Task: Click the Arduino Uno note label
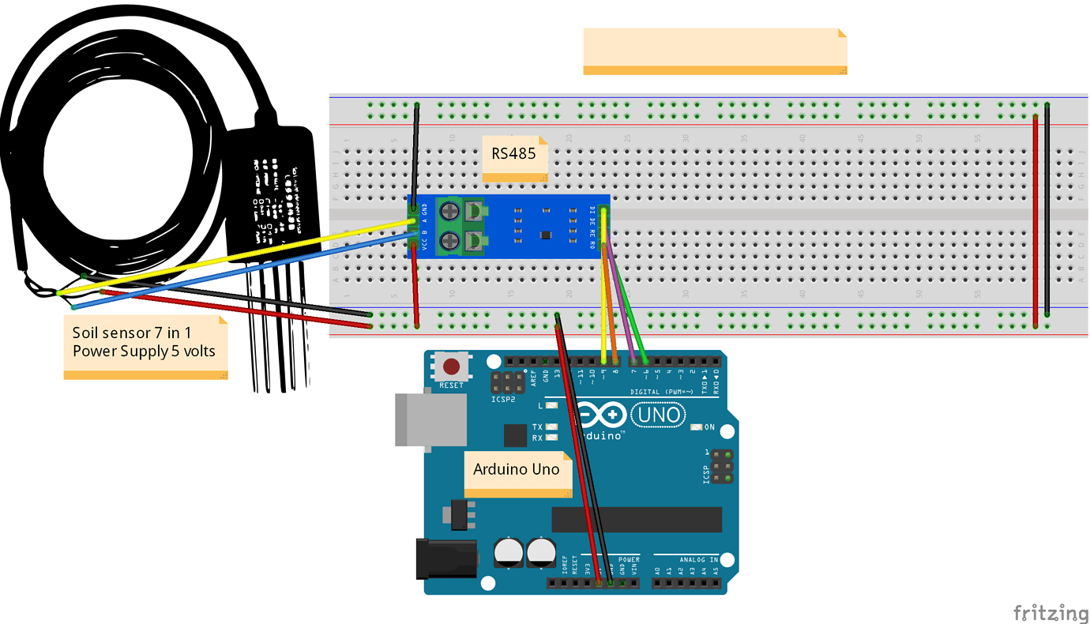pyautogui.click(x=517, y=471)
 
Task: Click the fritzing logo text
pyautogui.click(x=1050, y=612)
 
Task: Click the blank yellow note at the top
pyautogui.click(x=714, y=51)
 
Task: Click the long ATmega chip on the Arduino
pyautogui.click(x=636, y=519)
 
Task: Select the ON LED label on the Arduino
pyautogui.click(x=708, y=427)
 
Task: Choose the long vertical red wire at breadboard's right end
pyautogui.click(x=1035, y=221)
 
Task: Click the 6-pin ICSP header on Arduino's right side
pyautogui.click(x=720, y=467)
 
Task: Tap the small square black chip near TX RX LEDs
pyautogui.click(x=515, y=435)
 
